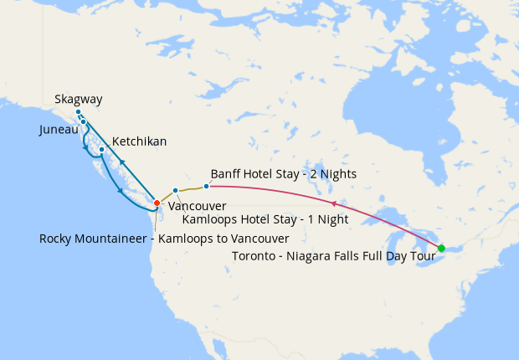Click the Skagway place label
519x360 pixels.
coord(78,99)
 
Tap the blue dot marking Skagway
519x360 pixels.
coord(78,112)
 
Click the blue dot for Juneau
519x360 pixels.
coord(83,122)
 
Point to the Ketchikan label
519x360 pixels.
coord(139,141)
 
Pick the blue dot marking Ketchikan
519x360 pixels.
coord(101,150)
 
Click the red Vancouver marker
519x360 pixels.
coord(157,203)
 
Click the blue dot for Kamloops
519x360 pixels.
coord(175,190)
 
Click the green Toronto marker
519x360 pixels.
coord(441,248)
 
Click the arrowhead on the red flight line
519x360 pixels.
coord(335,203)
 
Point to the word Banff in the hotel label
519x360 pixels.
coord(227,174)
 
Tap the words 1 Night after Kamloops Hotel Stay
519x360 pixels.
coord(323,220)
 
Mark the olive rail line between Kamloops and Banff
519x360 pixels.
coord(191,188)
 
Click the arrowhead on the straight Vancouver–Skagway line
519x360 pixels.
coord(122,162)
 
